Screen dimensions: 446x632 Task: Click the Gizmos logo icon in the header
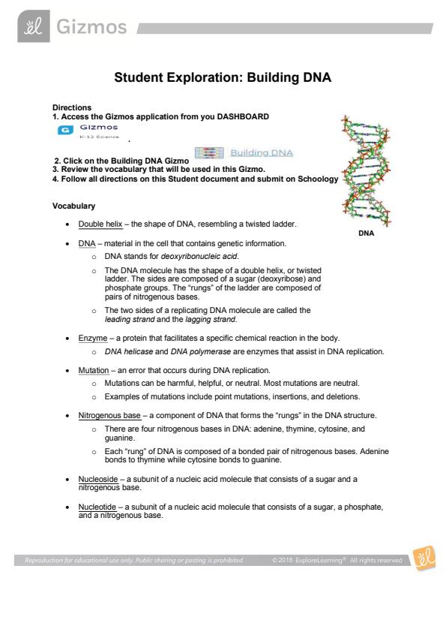(x=34, y=26)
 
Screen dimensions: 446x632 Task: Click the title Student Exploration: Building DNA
(x=223, y=77)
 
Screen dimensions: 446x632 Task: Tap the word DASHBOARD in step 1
(x=243, y=116)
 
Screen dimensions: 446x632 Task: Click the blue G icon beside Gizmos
(x=65, y=130)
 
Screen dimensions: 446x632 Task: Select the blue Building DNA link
(x=262, y=153)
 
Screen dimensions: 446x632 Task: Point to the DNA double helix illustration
(x=366, y=170)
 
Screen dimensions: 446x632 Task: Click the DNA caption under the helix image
(x=367, y=233)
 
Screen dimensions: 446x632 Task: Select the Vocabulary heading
(x=73, y=206)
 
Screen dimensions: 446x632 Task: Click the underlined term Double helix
(x=100, y=224)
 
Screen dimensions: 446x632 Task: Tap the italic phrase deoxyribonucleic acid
(x=199, y=257)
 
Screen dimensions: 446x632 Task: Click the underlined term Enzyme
(x=93, y=339)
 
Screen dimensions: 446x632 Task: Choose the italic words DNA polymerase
(x=201, y=351)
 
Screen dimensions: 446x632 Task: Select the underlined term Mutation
(x=94, y=370)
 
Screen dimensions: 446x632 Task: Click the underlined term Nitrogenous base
(x=109, y=416)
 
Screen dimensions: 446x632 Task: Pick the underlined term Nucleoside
(x=98, y=479)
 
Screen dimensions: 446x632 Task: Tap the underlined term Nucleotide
(x=97, y=507)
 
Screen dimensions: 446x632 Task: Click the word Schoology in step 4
(x=318, y=179)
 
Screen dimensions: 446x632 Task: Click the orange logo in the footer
(x=424, y=558)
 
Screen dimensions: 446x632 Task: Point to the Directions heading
(x=72, y=107)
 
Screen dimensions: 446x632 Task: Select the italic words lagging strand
(x=211, y=320)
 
